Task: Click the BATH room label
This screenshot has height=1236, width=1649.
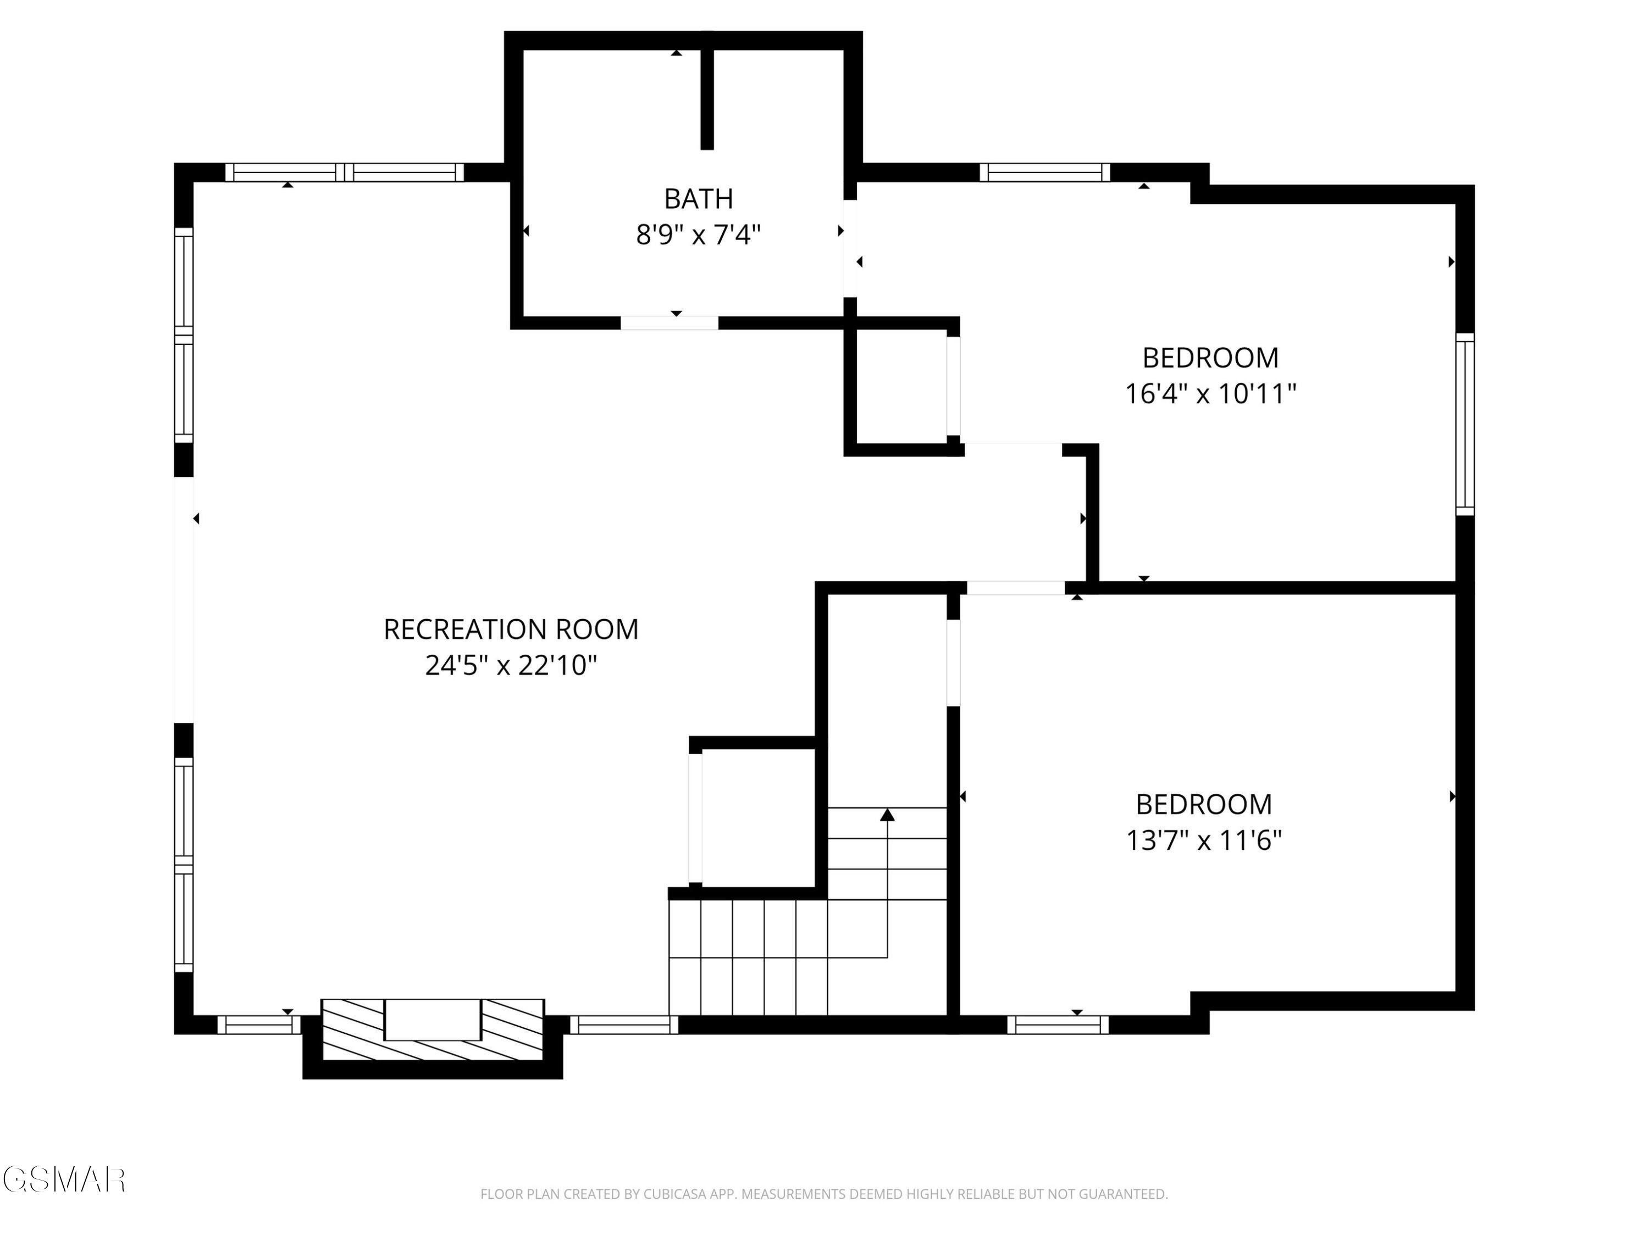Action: point(699,199)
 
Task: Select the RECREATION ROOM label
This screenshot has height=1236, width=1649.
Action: point(511,630)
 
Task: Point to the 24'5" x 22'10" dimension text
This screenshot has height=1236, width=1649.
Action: point(511,665)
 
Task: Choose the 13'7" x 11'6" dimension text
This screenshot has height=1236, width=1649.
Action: point(1203,840)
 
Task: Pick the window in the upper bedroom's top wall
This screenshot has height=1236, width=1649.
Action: point(1044,172)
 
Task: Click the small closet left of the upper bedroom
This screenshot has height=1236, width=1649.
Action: point(901,387)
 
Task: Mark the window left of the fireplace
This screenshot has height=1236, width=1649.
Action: point(259,1025)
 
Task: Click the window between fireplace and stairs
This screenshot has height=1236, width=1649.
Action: point(625,1025)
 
